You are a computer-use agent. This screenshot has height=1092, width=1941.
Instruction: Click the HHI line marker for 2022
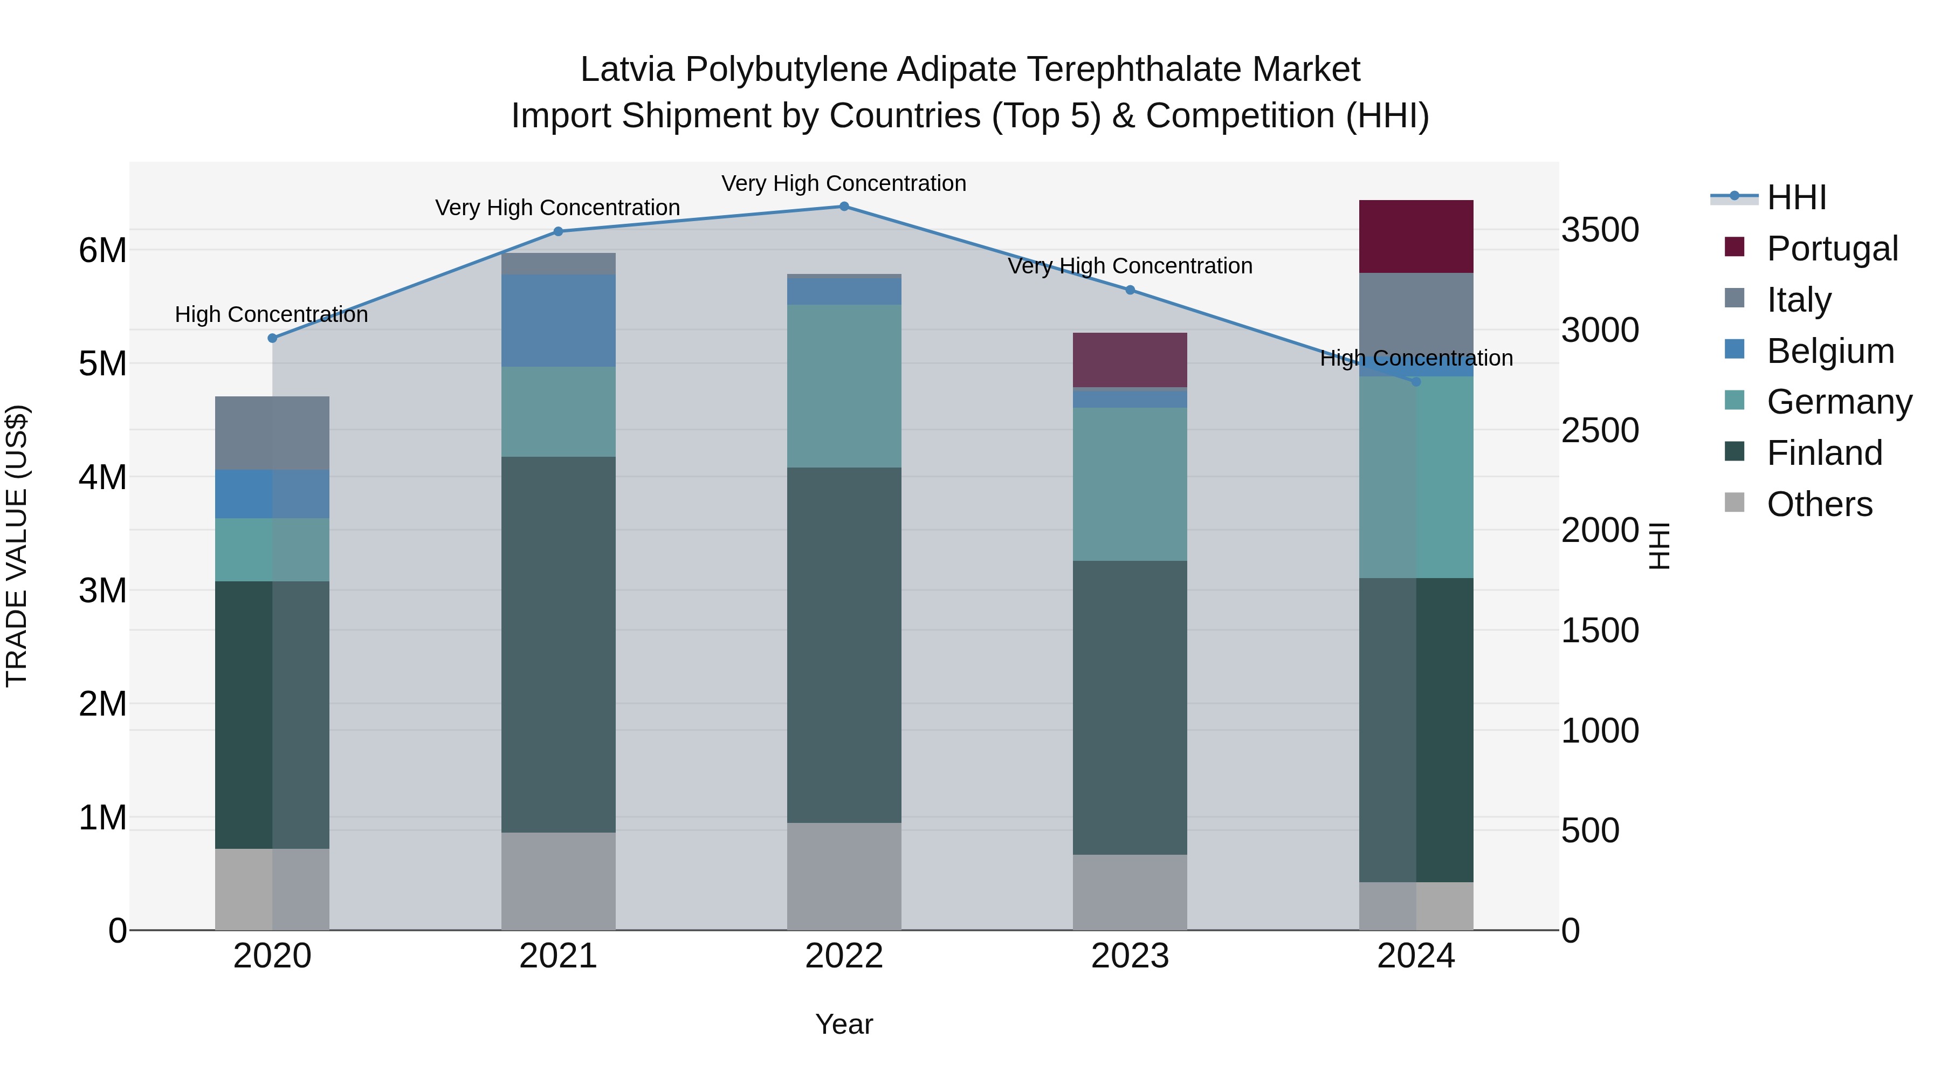pyautogui.click(x=844, y=207)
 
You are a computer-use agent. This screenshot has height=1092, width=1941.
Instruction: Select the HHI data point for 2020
pyautogui.click(x=273, y=338)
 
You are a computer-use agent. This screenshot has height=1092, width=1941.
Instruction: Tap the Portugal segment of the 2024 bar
pyautogui.click(x=1416, y=237)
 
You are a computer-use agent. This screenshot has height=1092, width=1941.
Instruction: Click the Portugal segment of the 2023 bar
pyautogui.click(x=1130, y=360)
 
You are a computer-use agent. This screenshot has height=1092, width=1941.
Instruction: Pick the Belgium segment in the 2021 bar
pyautogui.click(x=559, y=321)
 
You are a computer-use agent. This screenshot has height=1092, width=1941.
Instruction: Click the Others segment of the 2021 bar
pyautogui.click(x=559, y=881)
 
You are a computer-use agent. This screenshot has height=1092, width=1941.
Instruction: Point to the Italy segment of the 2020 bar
pyautogui.click(x=272, y=434)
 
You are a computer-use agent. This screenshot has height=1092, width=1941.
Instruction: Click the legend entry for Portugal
pyautogui.click(x=1832, y=249)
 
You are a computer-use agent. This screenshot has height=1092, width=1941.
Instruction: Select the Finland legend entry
pyautogui.click(x=1824, y=453)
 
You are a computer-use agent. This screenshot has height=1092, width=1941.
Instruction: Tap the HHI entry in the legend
pyautogui.click(x=1797, y=197)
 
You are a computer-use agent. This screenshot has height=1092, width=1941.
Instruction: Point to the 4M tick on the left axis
pyautogui.click(x=102, y=477)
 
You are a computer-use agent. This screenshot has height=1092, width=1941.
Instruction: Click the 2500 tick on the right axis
pyautogui.click(x=1599, y=430)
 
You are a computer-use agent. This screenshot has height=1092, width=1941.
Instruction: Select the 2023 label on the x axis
pyautogui.click(x=1130, y=956)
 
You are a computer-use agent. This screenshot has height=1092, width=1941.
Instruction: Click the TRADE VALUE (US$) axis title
pyautogui.click(x=17, y=546)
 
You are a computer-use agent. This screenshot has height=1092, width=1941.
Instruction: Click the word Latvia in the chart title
pyautogui.click(x=627, y=70)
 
